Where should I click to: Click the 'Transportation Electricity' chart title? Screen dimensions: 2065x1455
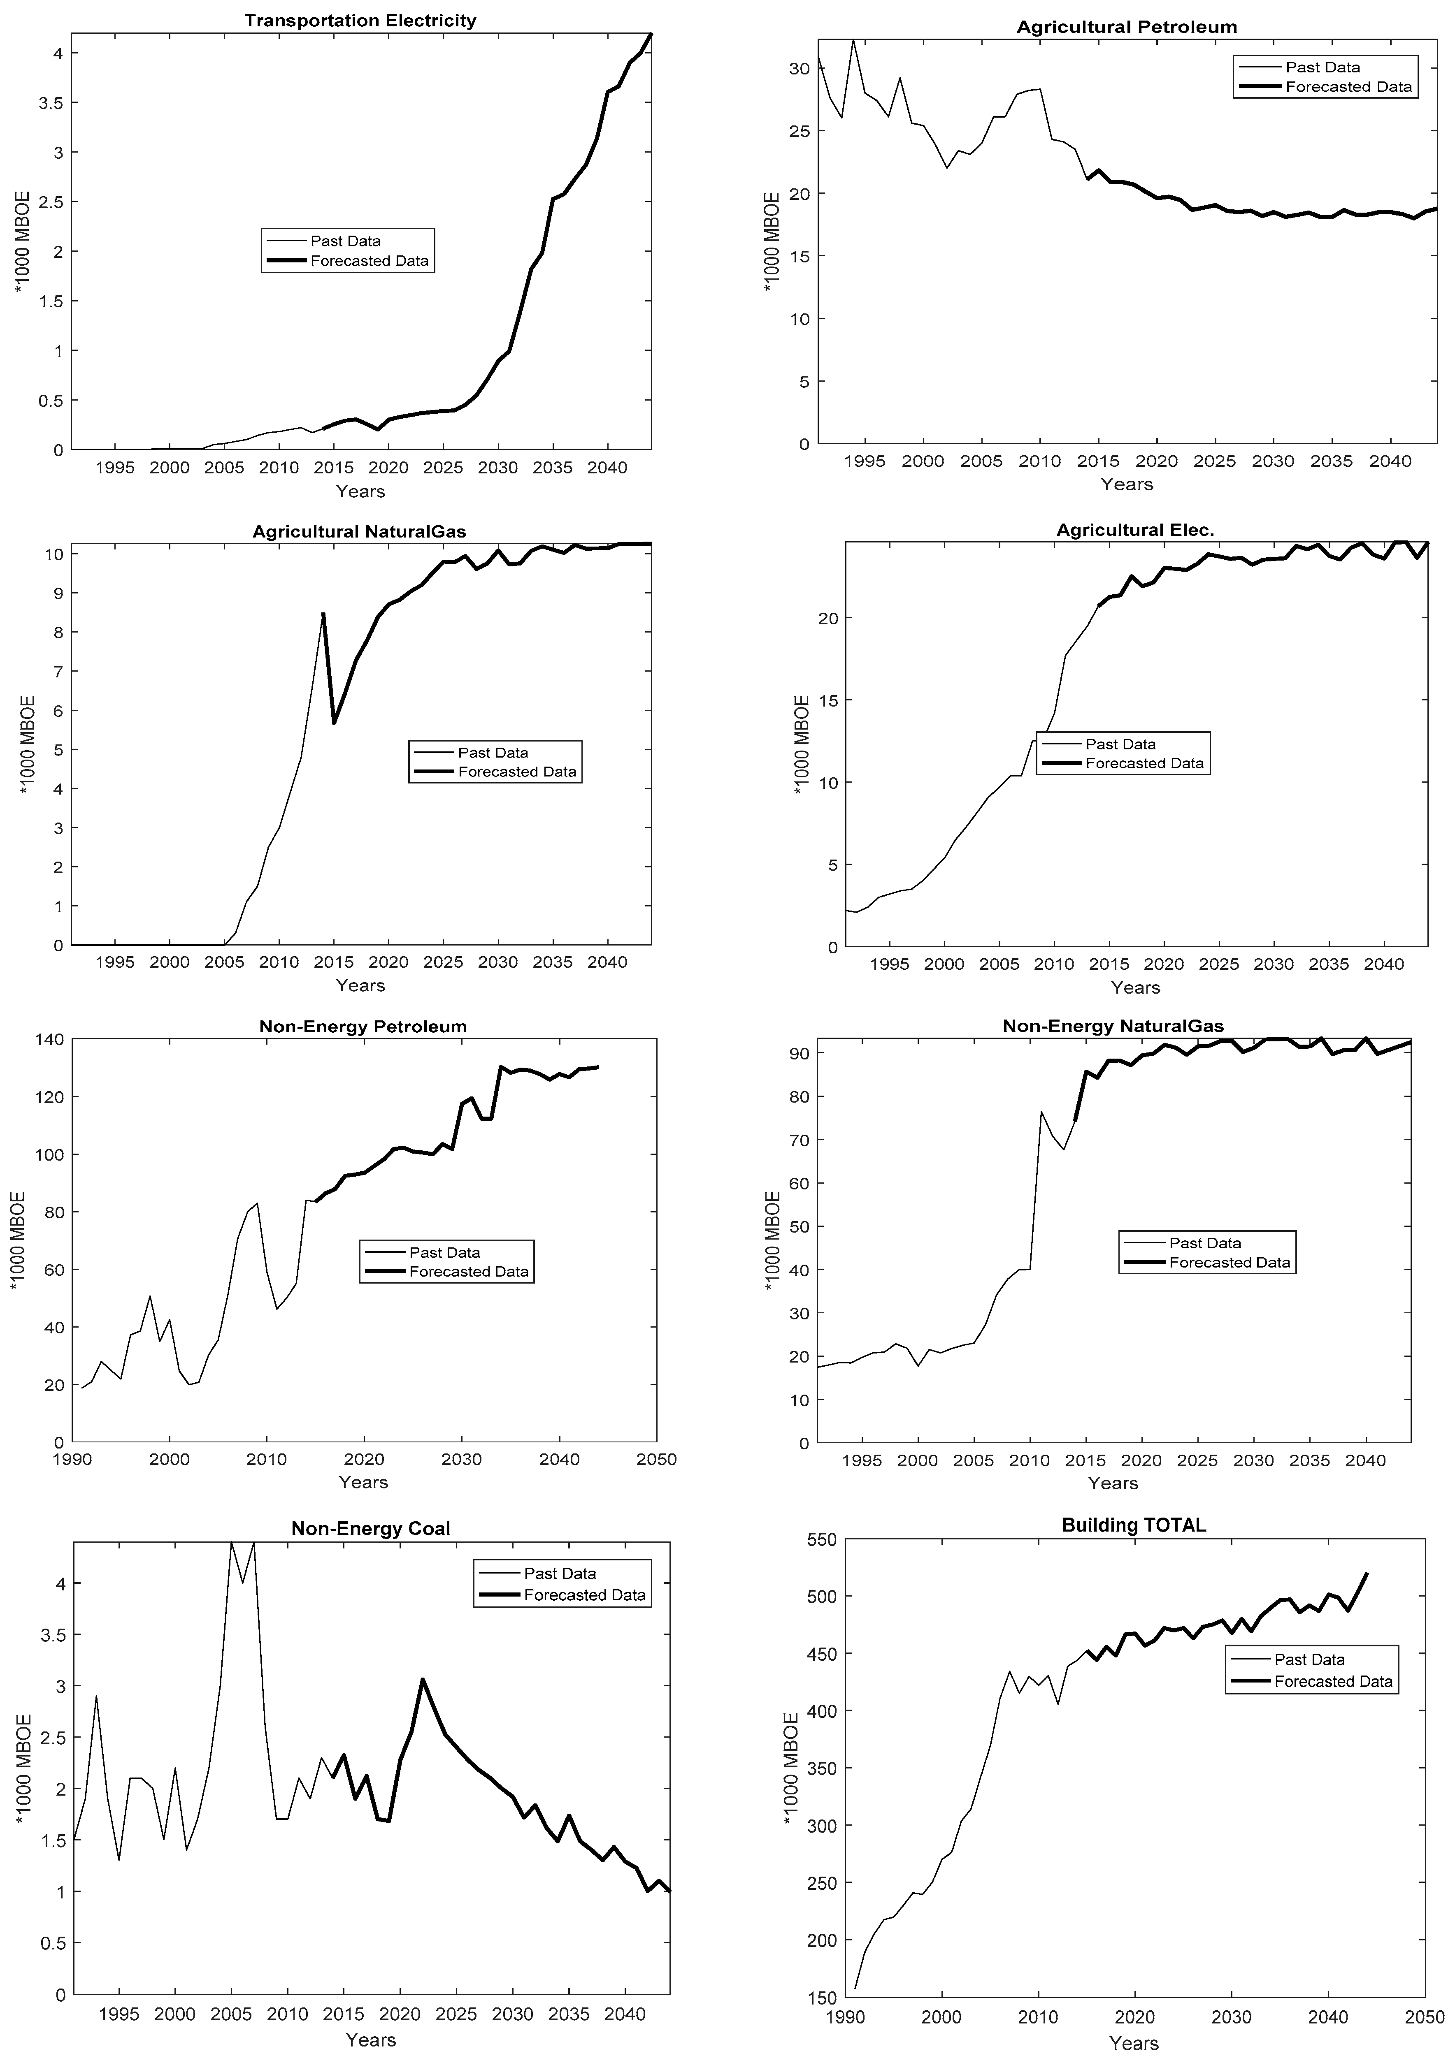(x=360, y=21)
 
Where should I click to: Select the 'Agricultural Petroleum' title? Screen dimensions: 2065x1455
(x=1127, y=27)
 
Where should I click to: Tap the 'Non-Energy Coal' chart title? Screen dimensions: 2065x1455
(x=371, y=1528)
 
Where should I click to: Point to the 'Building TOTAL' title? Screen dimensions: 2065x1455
(x=1134, y=1525)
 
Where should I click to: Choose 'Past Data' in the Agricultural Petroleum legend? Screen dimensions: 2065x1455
(x=1323, y=67)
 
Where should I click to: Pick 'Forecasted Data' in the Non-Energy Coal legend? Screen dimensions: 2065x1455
(x=585, y=1595)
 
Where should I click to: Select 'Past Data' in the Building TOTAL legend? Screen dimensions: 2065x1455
(x=1309, y=1659)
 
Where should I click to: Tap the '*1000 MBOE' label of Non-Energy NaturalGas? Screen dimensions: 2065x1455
(x=772, y=1241)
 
